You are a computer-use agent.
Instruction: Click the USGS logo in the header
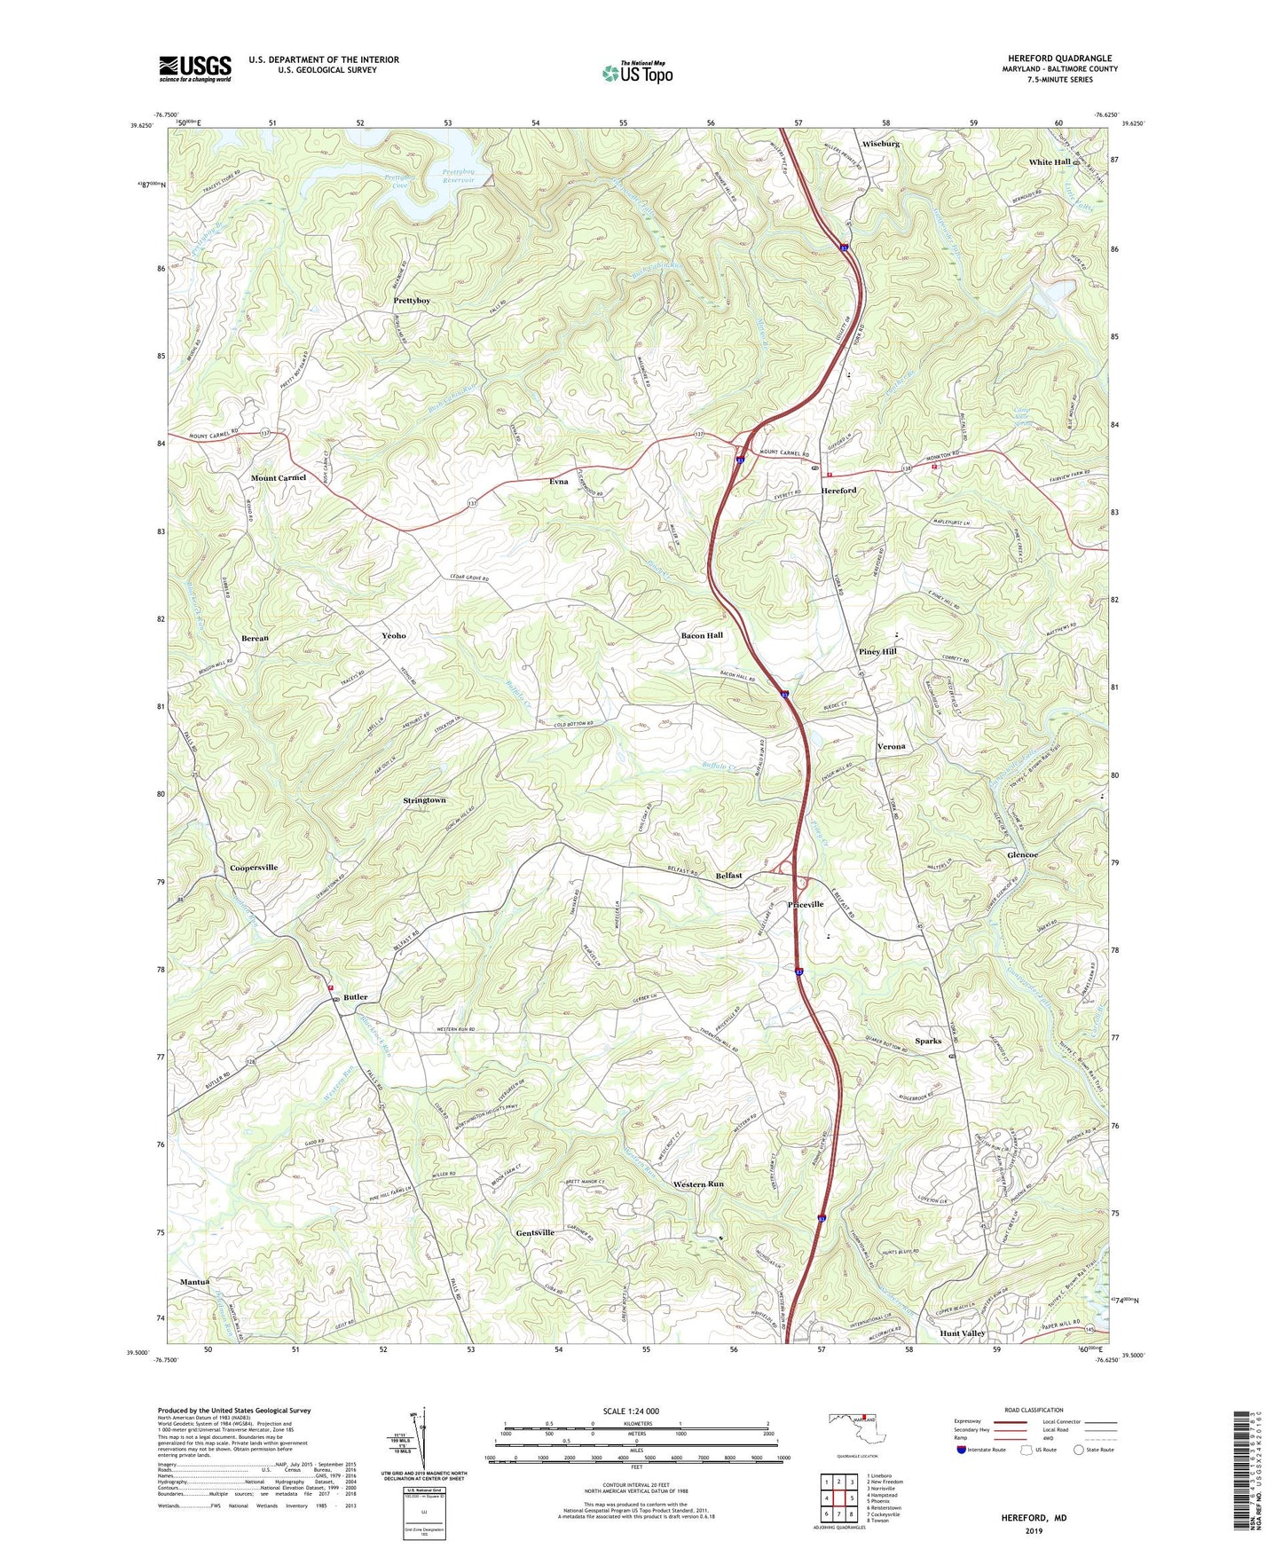195,68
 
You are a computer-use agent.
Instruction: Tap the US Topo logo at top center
636,73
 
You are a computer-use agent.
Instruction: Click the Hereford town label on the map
838,491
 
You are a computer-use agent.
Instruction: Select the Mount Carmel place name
278,478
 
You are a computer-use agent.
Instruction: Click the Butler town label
355,997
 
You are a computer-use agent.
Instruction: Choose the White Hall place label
1050,162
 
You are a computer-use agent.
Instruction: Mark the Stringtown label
424,800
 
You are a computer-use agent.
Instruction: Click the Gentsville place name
535,1232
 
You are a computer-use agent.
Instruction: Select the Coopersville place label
254,868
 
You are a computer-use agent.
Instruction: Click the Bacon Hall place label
702,635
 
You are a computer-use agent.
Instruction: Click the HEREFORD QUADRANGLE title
1059,59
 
